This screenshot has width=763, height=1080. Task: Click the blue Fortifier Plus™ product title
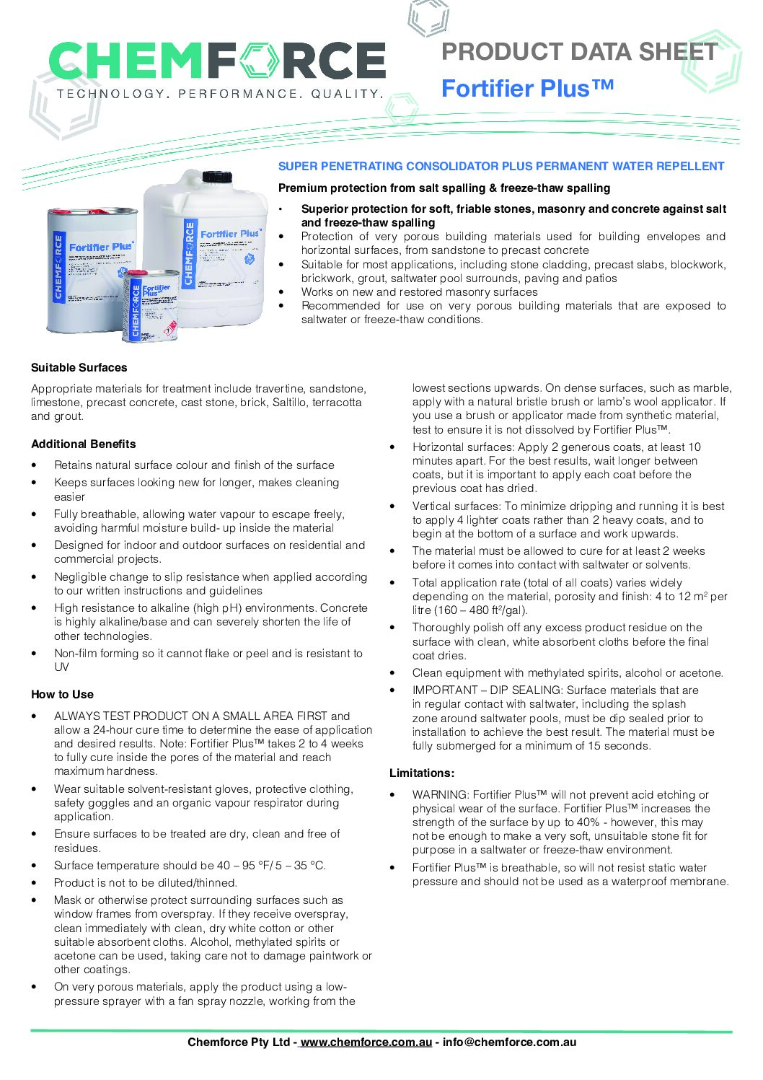(x=527, y=88)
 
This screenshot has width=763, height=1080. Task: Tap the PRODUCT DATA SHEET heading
(x=579, y=52)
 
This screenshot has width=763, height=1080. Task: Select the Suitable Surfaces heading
(x=79, y=367)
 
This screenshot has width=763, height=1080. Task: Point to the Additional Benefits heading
(x=83, y=444)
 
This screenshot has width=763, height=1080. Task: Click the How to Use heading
(x=62, y=694)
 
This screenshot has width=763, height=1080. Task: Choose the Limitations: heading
(x=422, y=773)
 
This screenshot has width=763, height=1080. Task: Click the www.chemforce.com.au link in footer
(x=366, y=1042)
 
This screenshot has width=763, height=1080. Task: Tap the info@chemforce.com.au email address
(x=509, y=1042)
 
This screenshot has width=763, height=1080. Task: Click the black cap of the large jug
(x=216, y=177)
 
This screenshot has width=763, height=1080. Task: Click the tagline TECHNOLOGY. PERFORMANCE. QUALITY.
(x=219, y=94)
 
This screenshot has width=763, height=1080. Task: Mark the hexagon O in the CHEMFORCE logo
(x=257, y=60)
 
